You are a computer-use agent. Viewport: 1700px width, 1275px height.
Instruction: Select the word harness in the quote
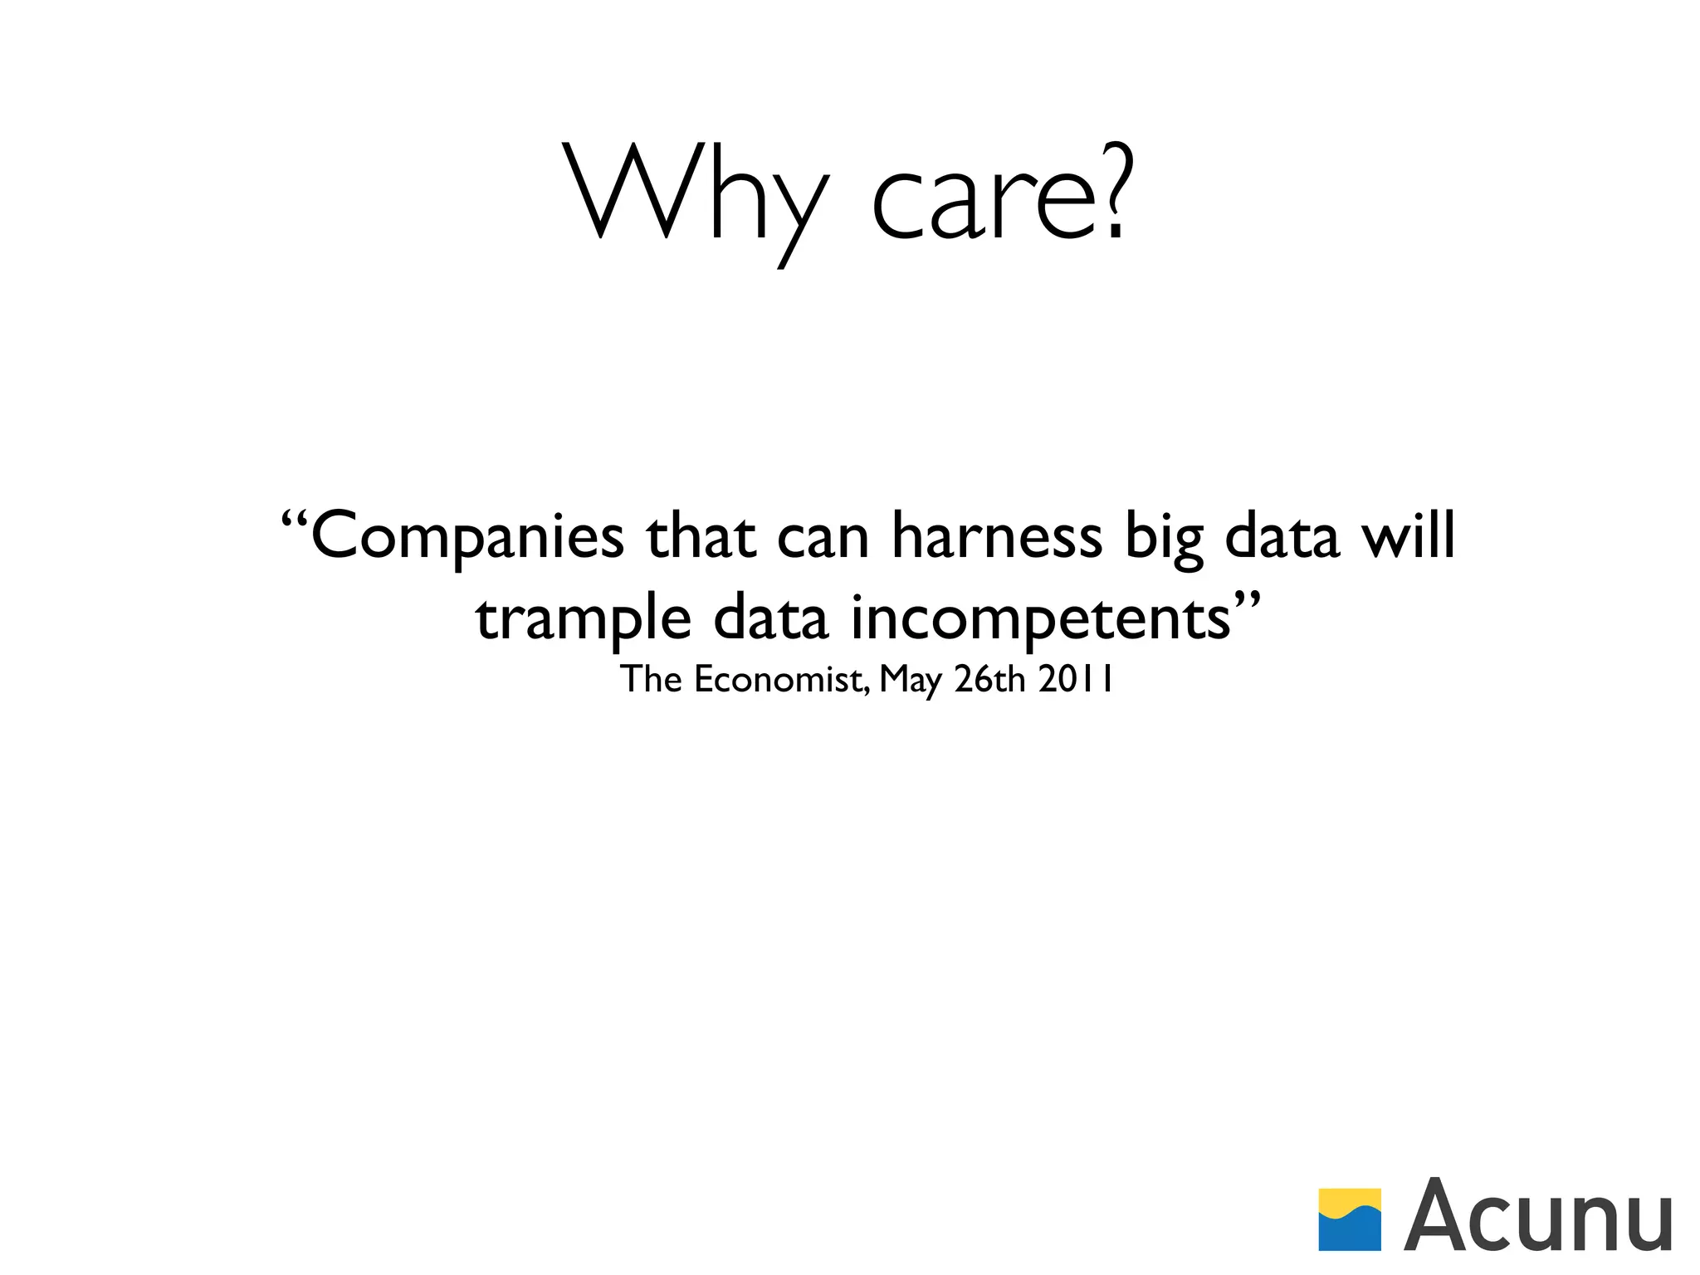coord(996,536)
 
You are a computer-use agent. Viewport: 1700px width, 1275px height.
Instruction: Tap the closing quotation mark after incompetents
coord(1248,599)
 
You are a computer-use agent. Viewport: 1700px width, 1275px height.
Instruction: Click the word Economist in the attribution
coord(779,679)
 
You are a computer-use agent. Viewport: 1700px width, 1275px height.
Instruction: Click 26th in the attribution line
coord(989,679)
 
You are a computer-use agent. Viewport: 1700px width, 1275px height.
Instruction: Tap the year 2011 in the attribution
coord(1075,679)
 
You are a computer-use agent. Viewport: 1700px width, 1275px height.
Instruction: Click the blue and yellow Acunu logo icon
coord(1350,1219)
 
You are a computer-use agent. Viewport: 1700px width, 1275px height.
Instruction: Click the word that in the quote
coord(701,536)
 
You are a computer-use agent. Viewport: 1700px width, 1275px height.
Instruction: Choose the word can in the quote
coord(823,540)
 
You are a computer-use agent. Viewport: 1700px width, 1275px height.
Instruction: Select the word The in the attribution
coord(652,679)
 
